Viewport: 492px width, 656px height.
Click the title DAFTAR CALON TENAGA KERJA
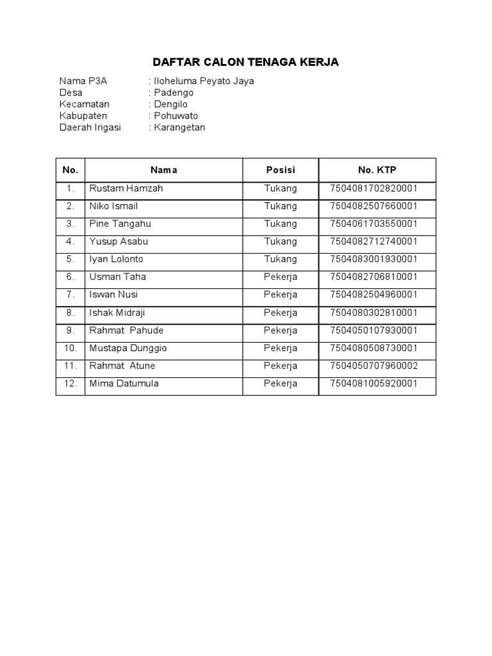tap(245, 62)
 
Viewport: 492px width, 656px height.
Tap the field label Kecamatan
tap(85, 104)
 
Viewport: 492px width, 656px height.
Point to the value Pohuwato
tap(176, 116)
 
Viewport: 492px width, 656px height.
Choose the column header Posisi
tap(281, 170)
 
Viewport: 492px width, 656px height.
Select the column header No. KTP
tap(377, 170)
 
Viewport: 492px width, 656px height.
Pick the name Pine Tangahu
tap(120, 224)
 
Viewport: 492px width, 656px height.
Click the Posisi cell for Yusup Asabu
tap(281, 242)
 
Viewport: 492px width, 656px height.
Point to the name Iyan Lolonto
tap(117, 259)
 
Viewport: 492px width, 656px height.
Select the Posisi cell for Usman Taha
tap(281, 277)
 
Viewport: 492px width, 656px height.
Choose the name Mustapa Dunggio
tap(128, 348)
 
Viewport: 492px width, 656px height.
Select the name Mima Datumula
tap(124, 384)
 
